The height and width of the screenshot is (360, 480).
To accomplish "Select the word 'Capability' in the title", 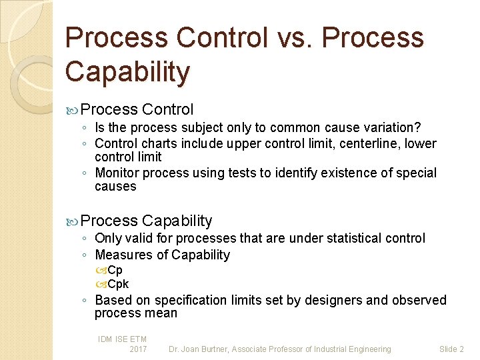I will [x=127, y=71].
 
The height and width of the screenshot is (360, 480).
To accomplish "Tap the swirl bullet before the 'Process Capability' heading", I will [x=73, y=221].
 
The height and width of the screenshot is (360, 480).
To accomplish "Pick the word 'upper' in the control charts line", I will [x=245, y=143].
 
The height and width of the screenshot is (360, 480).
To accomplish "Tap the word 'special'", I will [x=417, y=173].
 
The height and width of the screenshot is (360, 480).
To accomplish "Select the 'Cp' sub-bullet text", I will [x=115, y=270].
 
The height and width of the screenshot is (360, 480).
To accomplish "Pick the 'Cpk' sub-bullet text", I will [x=118, y=284].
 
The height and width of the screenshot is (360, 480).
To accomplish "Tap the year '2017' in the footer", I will [x=138, y=349].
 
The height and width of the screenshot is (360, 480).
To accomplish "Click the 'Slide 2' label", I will [x=451, y=349].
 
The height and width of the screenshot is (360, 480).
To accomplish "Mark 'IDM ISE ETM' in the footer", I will [x=122, y=339].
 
